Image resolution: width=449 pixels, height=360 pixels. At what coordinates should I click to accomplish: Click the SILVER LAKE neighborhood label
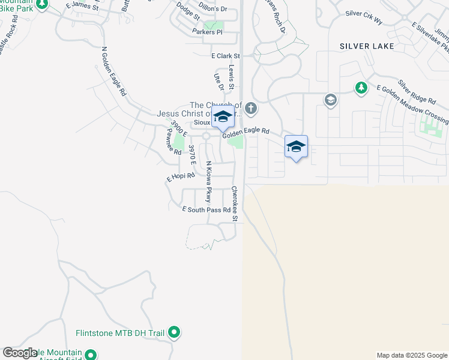[367, 46]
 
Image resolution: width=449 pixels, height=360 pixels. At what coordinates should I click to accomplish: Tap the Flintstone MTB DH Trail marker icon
[174, 332]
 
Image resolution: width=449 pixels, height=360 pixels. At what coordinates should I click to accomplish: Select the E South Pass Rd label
[206, 209]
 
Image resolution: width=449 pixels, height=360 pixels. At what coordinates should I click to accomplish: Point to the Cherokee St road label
[235, 204]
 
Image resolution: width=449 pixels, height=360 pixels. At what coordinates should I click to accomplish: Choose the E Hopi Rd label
[181, 177]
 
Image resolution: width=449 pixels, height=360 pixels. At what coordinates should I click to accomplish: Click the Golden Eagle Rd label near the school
[247, 133]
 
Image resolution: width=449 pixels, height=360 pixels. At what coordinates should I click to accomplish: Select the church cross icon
[250, 109]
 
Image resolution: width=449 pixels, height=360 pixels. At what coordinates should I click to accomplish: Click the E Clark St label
[225, 56]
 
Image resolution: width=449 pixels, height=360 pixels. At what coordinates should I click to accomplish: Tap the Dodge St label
[188, 10]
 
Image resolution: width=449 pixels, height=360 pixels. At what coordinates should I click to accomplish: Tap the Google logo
[20, 353]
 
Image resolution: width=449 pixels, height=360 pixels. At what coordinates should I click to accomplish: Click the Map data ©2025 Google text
[412, 355]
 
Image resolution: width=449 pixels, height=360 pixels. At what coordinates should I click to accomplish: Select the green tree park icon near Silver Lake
[361, 89]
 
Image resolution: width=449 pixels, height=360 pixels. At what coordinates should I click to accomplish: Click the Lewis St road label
[231, 76]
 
